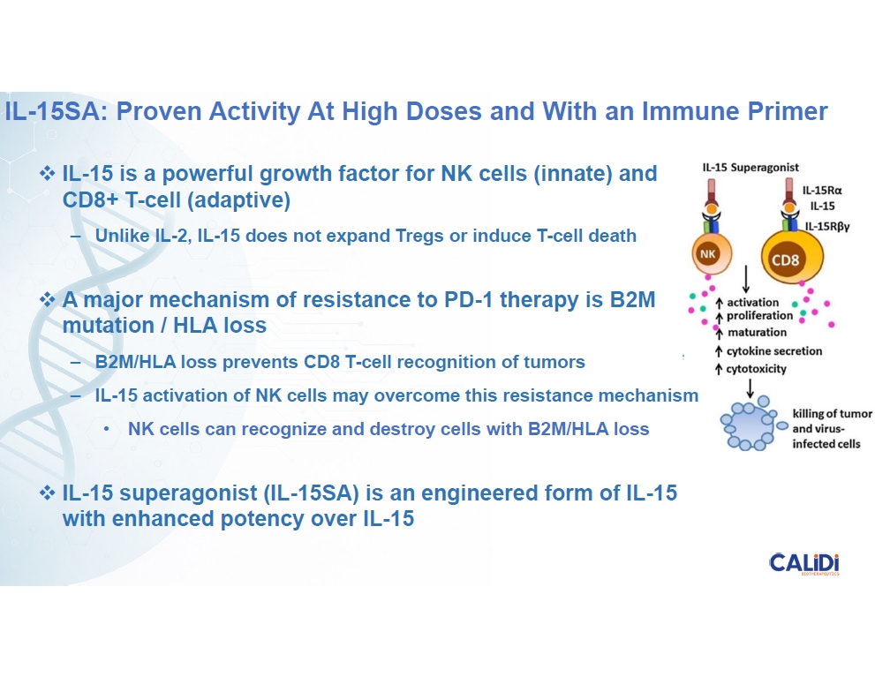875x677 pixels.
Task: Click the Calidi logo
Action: [804, 563]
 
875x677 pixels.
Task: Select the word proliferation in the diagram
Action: [759, 316]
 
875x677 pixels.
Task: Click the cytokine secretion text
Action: [774, 351]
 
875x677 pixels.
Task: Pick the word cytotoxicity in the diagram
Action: [756, 369]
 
